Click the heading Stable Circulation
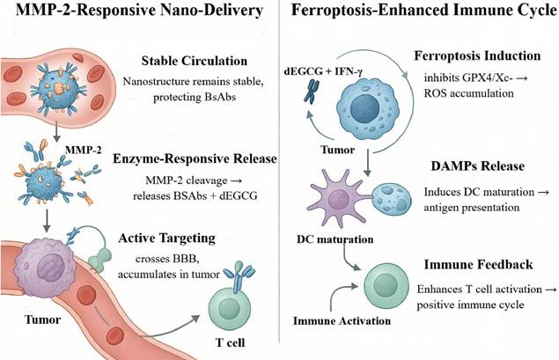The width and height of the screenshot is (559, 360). [x=195, y=61]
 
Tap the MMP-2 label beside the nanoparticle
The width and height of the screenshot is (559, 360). [x=83, y=150]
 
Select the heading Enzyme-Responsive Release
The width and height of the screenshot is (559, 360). [x=195, y=158]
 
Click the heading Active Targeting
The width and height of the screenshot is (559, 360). [x=166, y=239]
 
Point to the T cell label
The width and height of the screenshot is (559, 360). [x=231, y=342]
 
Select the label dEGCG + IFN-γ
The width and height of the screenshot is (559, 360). [x=323, y=71]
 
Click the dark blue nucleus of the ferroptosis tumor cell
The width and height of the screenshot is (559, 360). [x=364, y=108]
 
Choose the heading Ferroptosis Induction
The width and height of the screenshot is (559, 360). [x=477, y=56]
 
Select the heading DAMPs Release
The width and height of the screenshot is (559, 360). [x=477, y=166]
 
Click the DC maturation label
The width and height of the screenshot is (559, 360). [x=335, y=239]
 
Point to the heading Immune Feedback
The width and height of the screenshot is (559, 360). [x=478, y=265]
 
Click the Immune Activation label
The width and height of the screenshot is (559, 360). [x=342, y=320]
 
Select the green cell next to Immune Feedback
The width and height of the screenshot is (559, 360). [x=386, y=286]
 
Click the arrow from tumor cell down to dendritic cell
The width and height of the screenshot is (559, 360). [x=368, y=163]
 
